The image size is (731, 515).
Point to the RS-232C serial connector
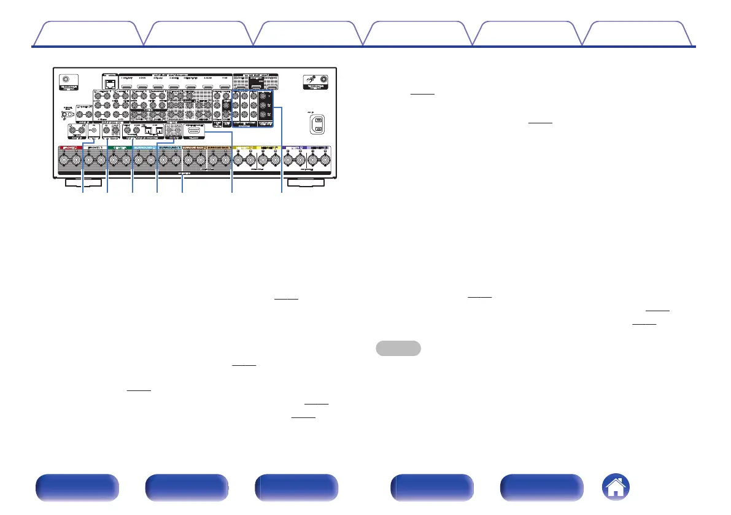click(x=194, y=131)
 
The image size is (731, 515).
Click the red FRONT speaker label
click(x=69, y=149)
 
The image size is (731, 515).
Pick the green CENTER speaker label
click(x=119, y=149)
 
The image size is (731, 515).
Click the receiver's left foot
click(x=83, y=182)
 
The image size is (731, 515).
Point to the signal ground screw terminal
click(x=63, y=114)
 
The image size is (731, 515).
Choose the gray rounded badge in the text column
click(x=398, y=349)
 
